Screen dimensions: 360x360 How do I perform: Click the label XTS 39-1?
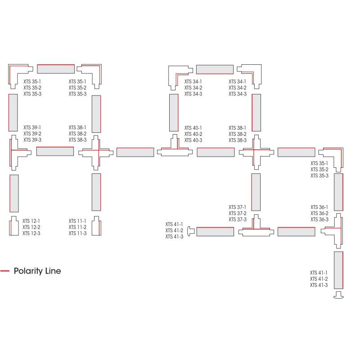32,128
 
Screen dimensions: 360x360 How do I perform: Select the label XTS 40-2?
193,134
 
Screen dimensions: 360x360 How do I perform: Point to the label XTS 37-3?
238,220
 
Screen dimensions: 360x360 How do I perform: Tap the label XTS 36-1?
319,207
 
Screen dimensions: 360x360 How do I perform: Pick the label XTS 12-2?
31,227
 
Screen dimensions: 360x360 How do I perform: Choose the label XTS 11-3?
77,233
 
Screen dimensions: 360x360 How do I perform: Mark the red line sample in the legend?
5,271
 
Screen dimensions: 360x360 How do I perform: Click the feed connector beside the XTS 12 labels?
14,227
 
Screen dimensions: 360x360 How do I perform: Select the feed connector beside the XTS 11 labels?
96,227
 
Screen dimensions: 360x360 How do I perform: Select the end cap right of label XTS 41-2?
191,231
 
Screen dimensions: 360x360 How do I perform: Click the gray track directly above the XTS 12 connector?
14,193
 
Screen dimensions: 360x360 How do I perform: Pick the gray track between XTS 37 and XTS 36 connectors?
296,231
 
